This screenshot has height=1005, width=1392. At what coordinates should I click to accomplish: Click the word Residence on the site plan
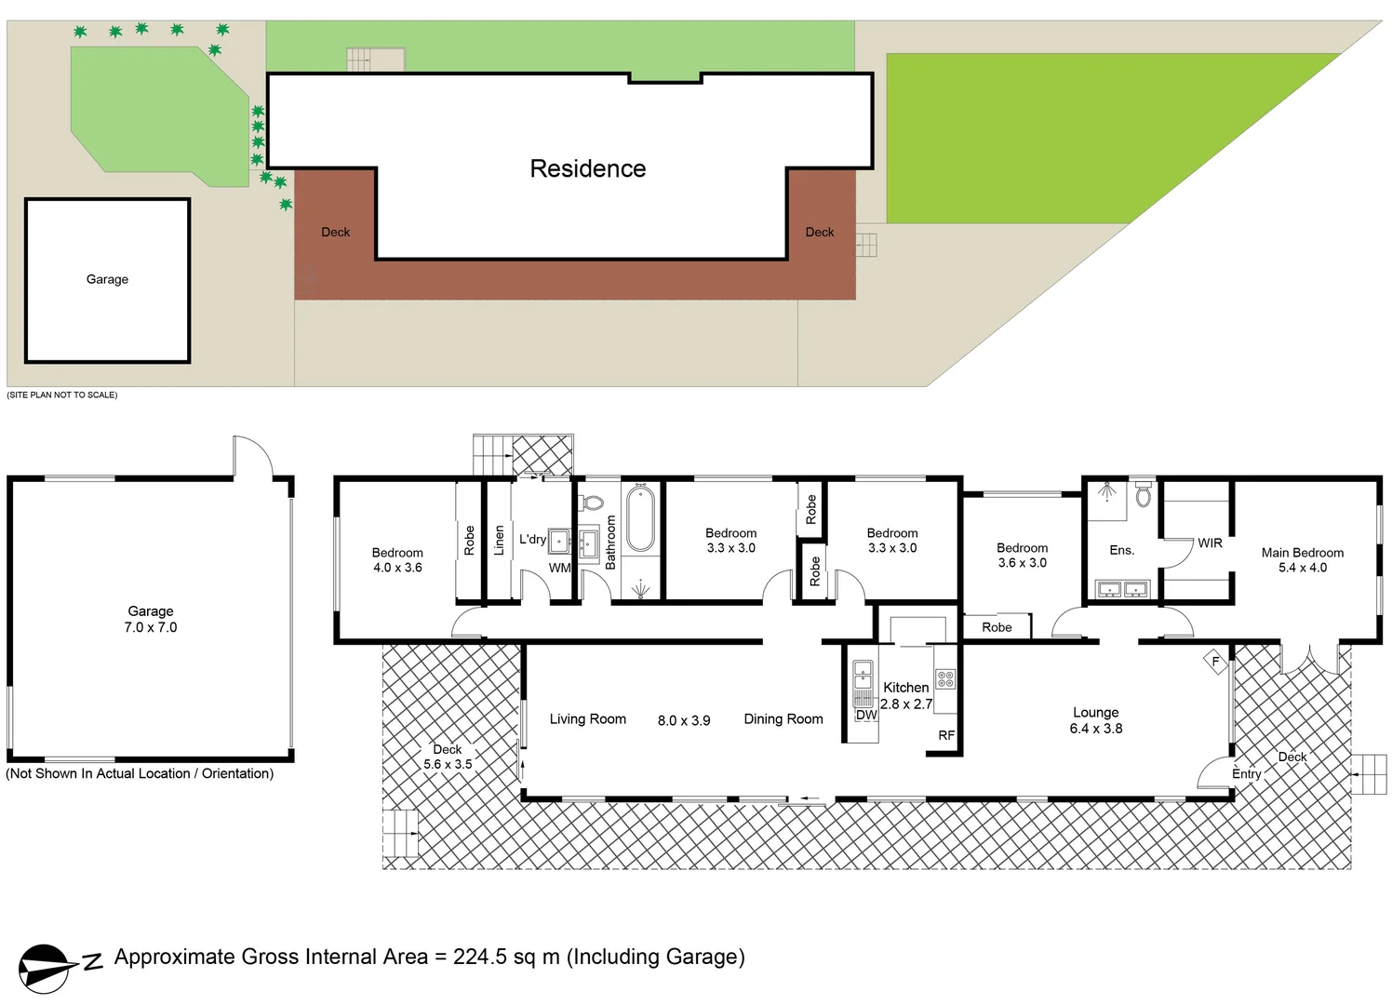pyautogui.click(x=587, y=168)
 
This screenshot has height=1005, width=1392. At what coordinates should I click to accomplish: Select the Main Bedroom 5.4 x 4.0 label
pyautogui.click(x=1302, y=559)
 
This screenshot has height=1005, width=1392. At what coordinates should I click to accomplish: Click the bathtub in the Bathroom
pyautogui.click(x=640, y=519)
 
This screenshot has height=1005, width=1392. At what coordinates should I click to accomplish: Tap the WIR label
pyautogui.click(x=1210, y=543)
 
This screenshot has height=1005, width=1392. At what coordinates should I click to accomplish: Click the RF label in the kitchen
pyautogui.click(x=946, y=735)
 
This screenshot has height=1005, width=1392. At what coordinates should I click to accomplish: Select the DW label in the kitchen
pyautogui.click(x=866, y=715)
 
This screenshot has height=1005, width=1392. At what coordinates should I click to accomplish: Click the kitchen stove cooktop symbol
pyautogui.click(x=945, y=679)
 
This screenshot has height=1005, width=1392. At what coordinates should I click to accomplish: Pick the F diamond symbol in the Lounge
pyautogui.click(x=1215, y=662)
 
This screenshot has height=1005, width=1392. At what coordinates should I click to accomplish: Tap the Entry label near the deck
pyautogui.click(x=1246, y=773)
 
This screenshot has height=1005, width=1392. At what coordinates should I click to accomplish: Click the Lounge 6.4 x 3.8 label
pyautogui.click(x=1095, y=720)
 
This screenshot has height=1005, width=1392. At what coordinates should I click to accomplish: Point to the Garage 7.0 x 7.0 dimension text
pyautogui.click(x=151, y=627)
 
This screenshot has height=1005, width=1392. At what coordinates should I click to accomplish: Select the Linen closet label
pyautogui.click(x=499, y=541)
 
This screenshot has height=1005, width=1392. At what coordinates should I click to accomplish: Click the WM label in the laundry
pyautogui.click(x=559, y=568)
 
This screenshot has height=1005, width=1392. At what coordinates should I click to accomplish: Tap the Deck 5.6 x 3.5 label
pyautogui.click(x=448, y=757)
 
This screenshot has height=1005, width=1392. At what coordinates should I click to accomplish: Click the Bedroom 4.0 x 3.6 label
pyautogui.click(x=397, y=559)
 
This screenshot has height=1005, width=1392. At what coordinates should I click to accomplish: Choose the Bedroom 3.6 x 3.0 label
pyautogui.click(x=1022, y=556)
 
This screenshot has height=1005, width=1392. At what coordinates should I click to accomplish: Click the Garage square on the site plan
pyautogui.click(x=108, y=280)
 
